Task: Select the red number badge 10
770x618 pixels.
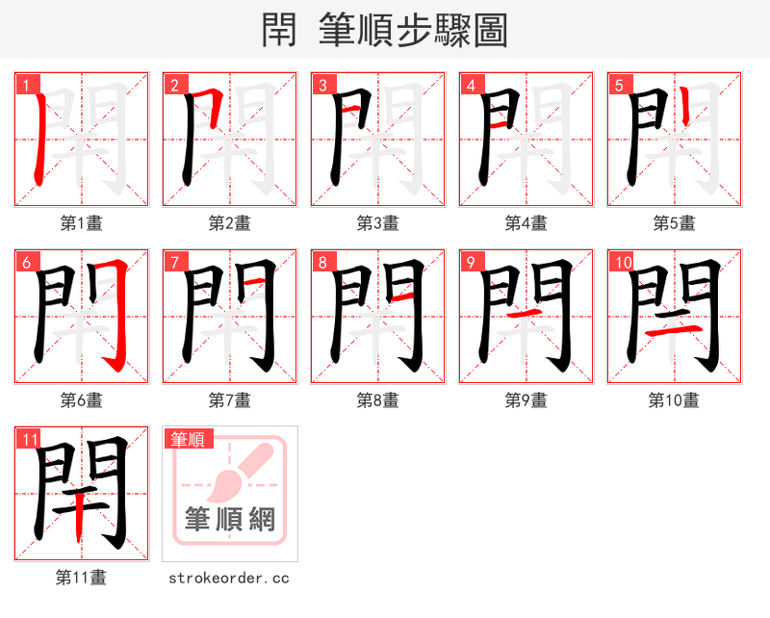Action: click(622, 263)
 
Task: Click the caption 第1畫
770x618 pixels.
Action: click(82, 223)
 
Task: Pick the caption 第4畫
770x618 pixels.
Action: click(526, 223)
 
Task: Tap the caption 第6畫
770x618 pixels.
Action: click(82, 400)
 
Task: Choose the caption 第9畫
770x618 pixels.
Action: click(526, 400)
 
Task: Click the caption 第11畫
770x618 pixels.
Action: click(82, 578)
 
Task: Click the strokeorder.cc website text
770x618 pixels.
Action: click(229, 578)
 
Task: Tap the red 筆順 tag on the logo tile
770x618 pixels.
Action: click(187, 440)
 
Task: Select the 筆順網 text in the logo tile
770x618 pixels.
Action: click(230, 519)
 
